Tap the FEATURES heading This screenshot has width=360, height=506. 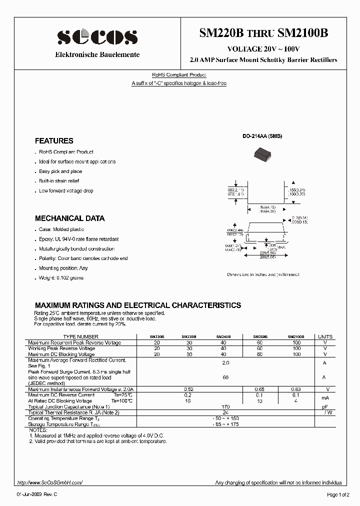point(54,141)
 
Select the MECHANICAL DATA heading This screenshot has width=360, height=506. point(69,218)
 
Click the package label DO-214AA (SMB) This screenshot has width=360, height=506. point(262,136)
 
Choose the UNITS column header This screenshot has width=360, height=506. point(325,337)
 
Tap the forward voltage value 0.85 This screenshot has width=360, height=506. point(260,389)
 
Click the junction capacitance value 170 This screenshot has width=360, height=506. point(225,407)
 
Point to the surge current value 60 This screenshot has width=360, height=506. point(225,377)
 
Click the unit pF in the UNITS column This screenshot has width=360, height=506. point(325,407)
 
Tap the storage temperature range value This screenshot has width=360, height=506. point(225,424)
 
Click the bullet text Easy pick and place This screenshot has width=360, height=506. point(60,171)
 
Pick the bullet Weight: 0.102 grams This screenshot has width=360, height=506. point(61,277)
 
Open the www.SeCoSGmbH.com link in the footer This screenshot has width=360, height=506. point(49,482)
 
